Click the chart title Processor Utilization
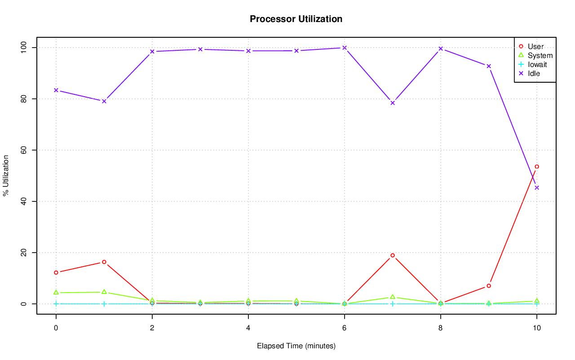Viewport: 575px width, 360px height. pos(296,19)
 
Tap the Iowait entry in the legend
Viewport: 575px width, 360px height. pos(537,64)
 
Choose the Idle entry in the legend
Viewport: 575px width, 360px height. pos(534,73)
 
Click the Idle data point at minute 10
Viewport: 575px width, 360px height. pos(536,187)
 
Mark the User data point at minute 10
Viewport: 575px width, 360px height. pos(536,167)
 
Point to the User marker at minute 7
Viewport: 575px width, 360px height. pos(392,255)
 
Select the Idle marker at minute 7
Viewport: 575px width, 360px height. pos(392,103)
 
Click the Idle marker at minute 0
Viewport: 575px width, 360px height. pos(56,90)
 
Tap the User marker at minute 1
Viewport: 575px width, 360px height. pos(104,262)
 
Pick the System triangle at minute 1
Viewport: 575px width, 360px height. pos(104,292)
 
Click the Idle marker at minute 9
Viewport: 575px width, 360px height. pos(488,66)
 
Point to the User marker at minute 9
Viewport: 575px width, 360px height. pos(488,286)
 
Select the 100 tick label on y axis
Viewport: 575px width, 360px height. pos(22,48)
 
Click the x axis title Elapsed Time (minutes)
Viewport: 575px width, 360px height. pos(296,346)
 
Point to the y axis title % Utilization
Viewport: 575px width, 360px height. pos(6,176)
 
